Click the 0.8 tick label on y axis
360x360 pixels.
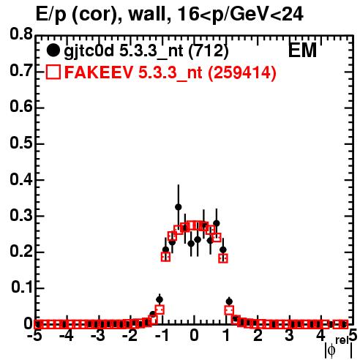pos(21,34)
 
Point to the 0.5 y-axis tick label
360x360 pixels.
pos(21,143)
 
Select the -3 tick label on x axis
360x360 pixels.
pos(98,335)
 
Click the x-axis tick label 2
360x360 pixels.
pos(258,335)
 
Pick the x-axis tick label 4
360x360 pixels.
pos(320,335)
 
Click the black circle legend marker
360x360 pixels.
pos(53,50)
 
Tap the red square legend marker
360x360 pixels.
pos(53,72)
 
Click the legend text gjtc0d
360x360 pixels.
pos(89,51)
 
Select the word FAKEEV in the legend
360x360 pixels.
pos(99,72)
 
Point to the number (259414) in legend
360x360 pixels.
pos(242,72)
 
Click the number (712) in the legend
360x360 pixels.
pos(209,51)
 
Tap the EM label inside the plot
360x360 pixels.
pos(302,50)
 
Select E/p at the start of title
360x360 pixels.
pos(50,15)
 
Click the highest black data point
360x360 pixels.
pos(179,207)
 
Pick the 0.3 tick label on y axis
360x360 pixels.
pos(21,215)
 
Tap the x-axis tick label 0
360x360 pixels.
pos(194,335)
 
